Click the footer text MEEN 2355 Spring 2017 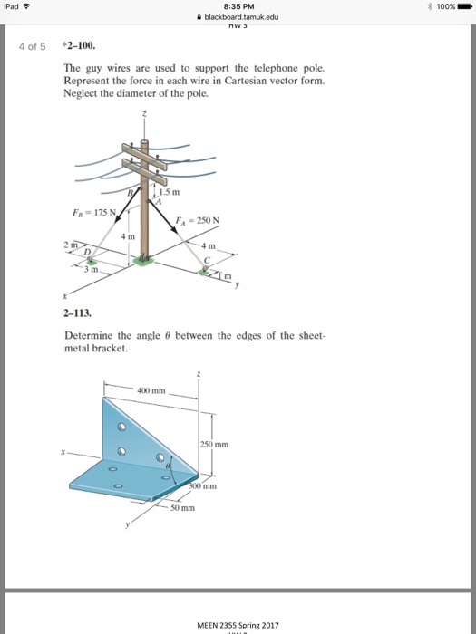(239, 624)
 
